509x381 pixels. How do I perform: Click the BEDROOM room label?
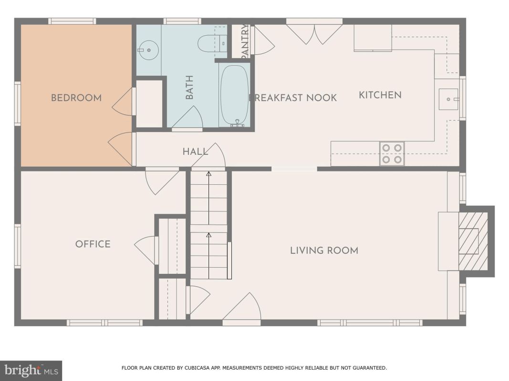(x=76, y=98)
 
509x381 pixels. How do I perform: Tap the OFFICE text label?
(x=93, y=244)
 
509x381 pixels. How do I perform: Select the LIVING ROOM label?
(x=324, y=251)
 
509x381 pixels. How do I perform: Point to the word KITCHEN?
(x=380, y=95)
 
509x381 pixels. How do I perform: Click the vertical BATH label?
(x=189, y=87)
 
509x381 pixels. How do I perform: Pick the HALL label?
(x=196, y=151)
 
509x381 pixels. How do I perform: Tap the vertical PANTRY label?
(x=245, y=41)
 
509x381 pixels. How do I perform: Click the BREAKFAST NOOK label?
(x=293, y=98)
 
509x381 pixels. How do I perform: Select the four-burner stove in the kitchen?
(x=392, y=153)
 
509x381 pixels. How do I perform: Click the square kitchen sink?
(x=448, y=99)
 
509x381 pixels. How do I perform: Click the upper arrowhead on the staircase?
(x=209, y=174)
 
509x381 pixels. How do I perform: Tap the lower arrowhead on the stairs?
(x=209, y=235)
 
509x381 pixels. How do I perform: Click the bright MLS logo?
(x=31, y=371)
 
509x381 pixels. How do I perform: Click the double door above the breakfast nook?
(x=314, y=32)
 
